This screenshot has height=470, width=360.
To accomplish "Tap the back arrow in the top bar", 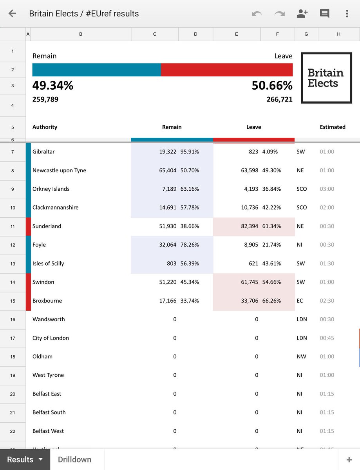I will (12, 14).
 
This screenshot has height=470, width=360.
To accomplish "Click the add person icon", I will (302, 14).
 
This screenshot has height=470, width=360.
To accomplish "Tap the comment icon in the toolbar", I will (324, 14).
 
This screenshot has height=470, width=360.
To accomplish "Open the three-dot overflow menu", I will (347, 14).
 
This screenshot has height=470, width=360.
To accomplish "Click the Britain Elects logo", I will (326, 78).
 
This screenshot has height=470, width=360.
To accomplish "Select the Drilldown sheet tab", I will (74, 459).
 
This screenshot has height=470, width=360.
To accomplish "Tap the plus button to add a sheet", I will (349, 459).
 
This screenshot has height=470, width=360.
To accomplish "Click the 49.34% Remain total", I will (53, 85).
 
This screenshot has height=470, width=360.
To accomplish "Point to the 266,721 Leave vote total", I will (279, 99).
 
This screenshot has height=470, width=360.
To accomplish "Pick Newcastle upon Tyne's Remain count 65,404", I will (168, 170).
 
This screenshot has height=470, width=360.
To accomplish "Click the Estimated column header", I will (333, 127).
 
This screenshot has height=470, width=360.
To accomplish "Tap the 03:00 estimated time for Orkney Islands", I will (327, 189).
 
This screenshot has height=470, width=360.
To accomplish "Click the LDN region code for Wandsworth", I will (302, 319).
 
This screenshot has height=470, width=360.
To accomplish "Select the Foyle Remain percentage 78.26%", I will (190, 245).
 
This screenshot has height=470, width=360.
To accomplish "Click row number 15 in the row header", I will (13, 301).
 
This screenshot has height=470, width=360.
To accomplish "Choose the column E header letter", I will (236, 34).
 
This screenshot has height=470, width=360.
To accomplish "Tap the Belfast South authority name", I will (49, 412).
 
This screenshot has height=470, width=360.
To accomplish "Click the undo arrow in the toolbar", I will (257, 14).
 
